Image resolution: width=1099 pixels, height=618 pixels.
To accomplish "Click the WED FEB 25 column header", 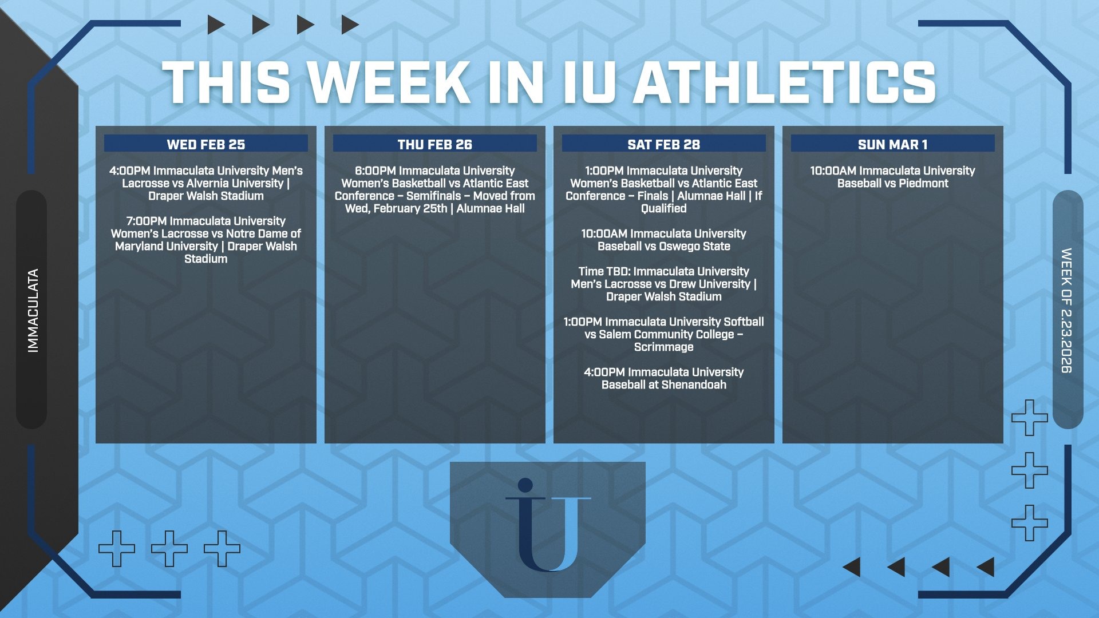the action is (x=206, y=144).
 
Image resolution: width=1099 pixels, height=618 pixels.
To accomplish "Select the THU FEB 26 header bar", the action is (x=435, y=144).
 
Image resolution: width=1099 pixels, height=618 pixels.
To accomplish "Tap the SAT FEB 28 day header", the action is (x=664, y=144).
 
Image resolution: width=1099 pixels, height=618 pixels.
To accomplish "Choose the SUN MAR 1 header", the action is (x=893, y=144).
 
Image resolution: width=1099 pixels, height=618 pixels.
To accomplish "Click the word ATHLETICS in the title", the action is (x=785, y=82).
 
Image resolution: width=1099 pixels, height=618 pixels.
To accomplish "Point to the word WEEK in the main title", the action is (x=394, y=82).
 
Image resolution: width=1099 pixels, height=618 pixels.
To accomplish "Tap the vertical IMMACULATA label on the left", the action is (x=33, y=311).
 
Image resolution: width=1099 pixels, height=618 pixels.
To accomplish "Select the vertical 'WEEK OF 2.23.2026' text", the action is (x=1066, y=311).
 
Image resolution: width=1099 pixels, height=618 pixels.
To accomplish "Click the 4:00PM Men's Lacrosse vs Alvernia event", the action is (x=206, y=183).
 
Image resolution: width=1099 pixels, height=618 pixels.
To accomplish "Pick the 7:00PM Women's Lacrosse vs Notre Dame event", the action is (x=206, y=240).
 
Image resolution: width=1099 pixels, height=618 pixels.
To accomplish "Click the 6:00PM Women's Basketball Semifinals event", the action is (x=435, y=189).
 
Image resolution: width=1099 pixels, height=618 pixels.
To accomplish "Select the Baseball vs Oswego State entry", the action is (x=664, y=240).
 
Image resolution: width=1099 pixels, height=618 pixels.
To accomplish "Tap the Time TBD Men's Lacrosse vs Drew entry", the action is (x=664, y=284).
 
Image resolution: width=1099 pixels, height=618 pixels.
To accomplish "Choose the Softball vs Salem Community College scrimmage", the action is (x=664, y=334).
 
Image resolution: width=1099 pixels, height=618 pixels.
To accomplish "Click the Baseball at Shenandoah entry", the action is (x=664, y=378).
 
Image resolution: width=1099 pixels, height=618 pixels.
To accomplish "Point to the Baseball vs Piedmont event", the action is (x=893, y=177).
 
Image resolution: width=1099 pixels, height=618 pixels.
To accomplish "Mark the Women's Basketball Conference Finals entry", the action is (x=664, y=189).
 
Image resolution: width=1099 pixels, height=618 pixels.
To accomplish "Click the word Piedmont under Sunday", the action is (x=924, y=184).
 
